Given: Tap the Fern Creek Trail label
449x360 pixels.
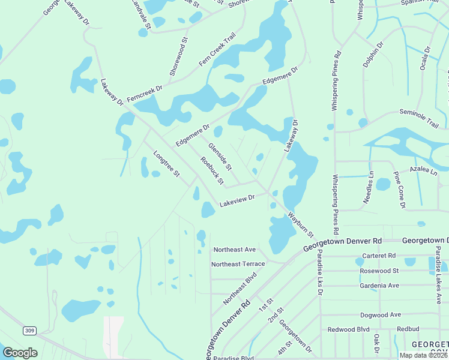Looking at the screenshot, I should tap(217, 50).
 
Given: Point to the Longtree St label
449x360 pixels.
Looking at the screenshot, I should tap(166, 163).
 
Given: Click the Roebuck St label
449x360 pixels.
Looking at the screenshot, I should tap(212, 171).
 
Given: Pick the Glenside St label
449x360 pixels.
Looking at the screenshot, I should tap(220, 155).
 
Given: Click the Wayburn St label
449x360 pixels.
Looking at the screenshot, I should tap(301, 223).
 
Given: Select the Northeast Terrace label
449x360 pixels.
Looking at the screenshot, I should tap(238, 264).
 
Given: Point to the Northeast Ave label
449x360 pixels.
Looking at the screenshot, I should tap(235, 249).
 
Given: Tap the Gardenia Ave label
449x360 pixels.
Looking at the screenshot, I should tap(379, 286).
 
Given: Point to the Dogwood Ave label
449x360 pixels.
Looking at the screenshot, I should tap(381, 314).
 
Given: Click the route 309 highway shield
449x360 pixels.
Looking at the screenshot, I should tap(29, 331).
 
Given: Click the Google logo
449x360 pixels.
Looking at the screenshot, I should tap(20, 353).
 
